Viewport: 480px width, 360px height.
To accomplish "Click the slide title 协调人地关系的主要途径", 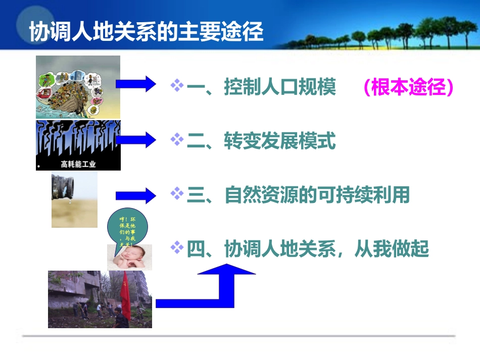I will coord(146,32).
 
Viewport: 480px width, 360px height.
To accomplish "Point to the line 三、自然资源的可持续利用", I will coord(298,195).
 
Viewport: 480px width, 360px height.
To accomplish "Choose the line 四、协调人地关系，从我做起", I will coord(308,248).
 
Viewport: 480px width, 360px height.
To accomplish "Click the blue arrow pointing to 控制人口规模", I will coord(136,84).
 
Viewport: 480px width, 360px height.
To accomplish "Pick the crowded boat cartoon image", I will coord(78,87).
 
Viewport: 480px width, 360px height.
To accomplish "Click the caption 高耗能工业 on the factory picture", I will coord(78,164).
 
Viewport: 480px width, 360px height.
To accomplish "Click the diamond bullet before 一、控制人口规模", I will coord(177,86).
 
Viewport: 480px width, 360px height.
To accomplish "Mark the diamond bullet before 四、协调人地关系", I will coord(177,247).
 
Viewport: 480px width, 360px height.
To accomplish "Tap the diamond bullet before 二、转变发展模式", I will coord(177,140).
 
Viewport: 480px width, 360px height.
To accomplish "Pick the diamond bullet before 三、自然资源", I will coord(177,193).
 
